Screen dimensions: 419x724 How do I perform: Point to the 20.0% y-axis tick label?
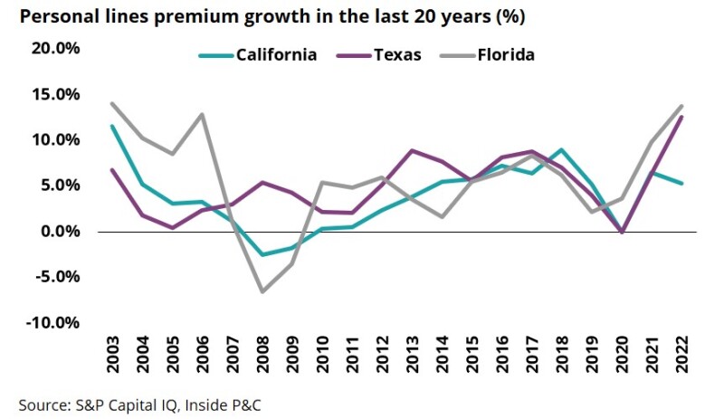coord(56,49)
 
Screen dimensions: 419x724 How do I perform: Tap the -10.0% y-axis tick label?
coord(53,323)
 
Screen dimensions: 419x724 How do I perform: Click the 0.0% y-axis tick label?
coord(60,232)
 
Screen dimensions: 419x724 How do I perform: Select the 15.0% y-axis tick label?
coord(56,95)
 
